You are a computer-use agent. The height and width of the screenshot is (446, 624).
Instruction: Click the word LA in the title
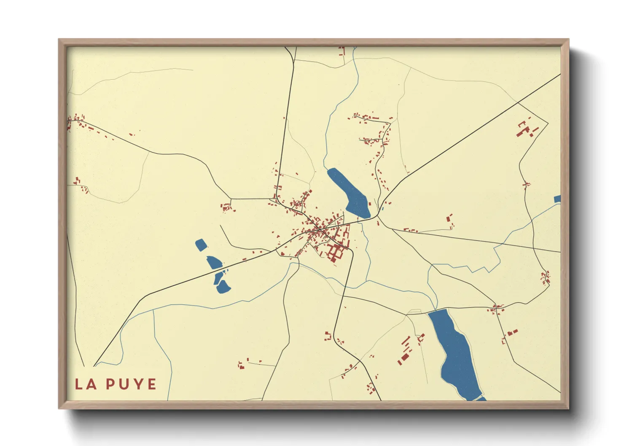(x=86, y=384)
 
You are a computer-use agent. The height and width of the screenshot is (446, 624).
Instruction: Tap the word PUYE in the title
(x=131, y=384)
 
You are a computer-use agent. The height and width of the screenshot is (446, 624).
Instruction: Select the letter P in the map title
(x=110, y=384)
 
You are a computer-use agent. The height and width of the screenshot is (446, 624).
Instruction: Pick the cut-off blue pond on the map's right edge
(x=557, y=199)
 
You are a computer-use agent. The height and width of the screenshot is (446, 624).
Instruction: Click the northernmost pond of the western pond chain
(x=201, y=245)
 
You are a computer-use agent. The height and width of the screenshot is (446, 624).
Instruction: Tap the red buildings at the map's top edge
(x=342, y=51)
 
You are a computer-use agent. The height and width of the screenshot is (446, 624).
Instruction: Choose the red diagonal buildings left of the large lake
(x=405, y=350)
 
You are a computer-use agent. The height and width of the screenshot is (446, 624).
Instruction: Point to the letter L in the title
(x=79, y=384)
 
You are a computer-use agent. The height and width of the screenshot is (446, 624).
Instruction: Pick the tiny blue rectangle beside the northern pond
(x=382, y=208)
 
